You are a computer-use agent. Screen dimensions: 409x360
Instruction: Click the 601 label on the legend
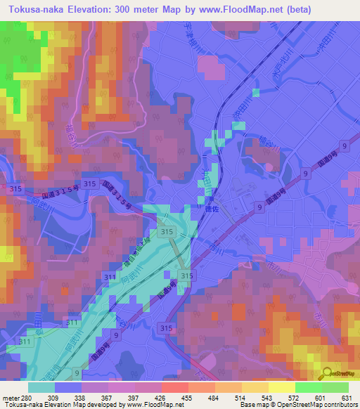click(320, 398)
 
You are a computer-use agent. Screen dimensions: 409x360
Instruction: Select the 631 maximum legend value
click(347, 398)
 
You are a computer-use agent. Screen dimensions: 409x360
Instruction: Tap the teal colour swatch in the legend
click(41, 387)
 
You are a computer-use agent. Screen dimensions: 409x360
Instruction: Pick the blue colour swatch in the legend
click(68, 387)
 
